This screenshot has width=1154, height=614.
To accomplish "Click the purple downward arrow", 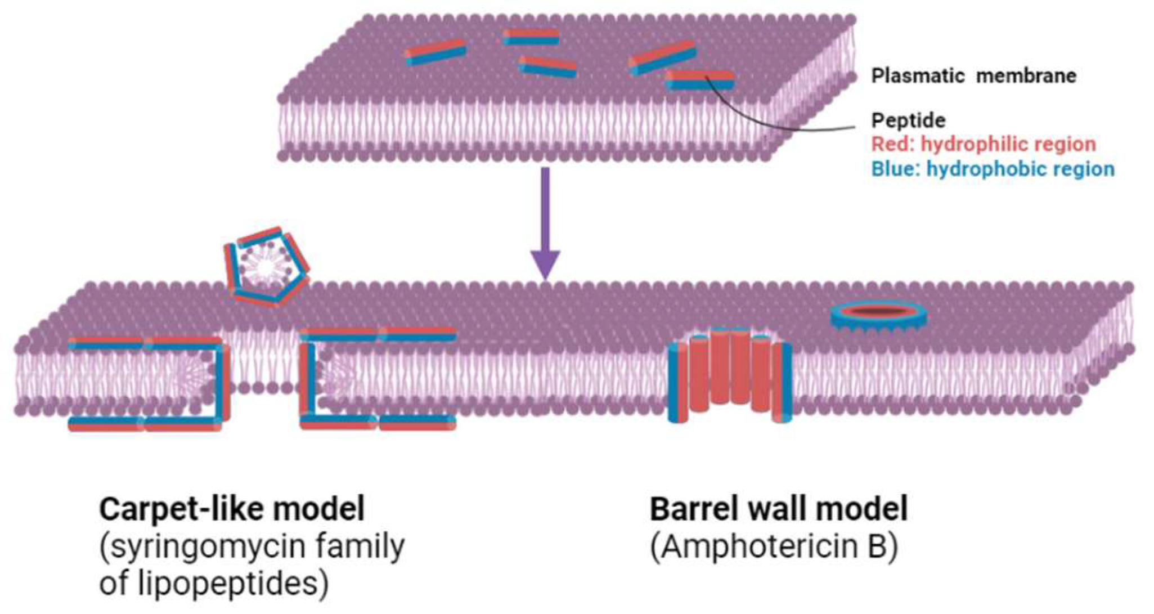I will (545, 225).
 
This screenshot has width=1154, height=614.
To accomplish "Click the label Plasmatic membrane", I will (973, 75).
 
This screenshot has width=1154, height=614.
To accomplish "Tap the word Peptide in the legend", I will (908, 120).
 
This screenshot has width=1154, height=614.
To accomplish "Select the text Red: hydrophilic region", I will (983, 144).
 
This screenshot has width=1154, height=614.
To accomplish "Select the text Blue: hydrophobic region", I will (993, 169).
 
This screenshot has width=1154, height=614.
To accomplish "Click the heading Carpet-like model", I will (232, 509).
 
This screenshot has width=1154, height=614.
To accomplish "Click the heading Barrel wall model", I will (778, 509).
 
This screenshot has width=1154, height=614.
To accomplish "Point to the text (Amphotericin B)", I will (774, 546).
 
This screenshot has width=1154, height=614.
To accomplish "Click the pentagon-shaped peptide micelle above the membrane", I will (266, 266).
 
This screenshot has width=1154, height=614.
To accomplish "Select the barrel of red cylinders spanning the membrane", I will (730, 374).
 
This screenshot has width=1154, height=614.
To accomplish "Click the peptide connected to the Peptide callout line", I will (699, 80).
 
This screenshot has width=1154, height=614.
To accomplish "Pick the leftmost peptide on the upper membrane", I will (435, 52).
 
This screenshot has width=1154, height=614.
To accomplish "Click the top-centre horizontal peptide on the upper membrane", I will (531, 37).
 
